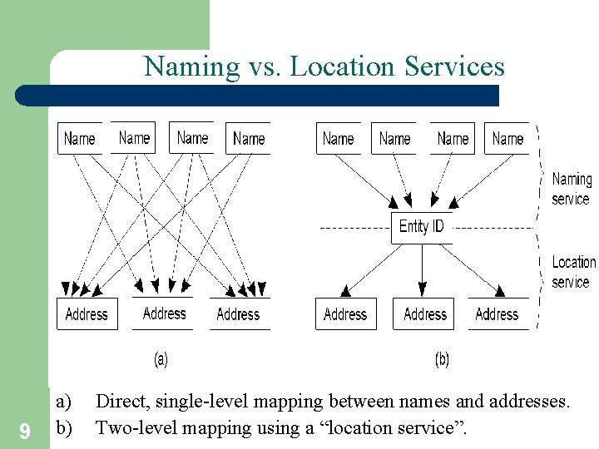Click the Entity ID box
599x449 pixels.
[x=422, y=227]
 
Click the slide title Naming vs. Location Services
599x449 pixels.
[x=324, y=66]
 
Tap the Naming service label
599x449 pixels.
[x=571, y=189]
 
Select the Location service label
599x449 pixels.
[x=573, y=272]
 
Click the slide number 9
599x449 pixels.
[x=24, y=431]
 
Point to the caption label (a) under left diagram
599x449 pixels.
[x=161, y=359]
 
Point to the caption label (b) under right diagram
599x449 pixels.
[x=442, y=359]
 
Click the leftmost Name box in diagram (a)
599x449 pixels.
[x=80, y=139]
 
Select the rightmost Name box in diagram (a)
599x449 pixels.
[x=248, y=139]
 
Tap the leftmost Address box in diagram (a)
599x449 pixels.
[x=87, y=314]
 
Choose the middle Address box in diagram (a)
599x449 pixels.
[x=164, y=313]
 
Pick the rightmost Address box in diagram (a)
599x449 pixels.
[x=238, y=314]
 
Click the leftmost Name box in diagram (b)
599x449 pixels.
[x=338, y=139]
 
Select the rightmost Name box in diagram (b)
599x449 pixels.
[x=507, y=139]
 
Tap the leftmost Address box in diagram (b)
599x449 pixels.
[x=345, y=314]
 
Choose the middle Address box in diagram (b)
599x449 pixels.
[x=424, y=314]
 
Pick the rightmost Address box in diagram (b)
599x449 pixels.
[x=498, y=314]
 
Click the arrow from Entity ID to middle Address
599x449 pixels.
[x=423, y=270]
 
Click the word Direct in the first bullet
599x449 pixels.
[x=118, y=402]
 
